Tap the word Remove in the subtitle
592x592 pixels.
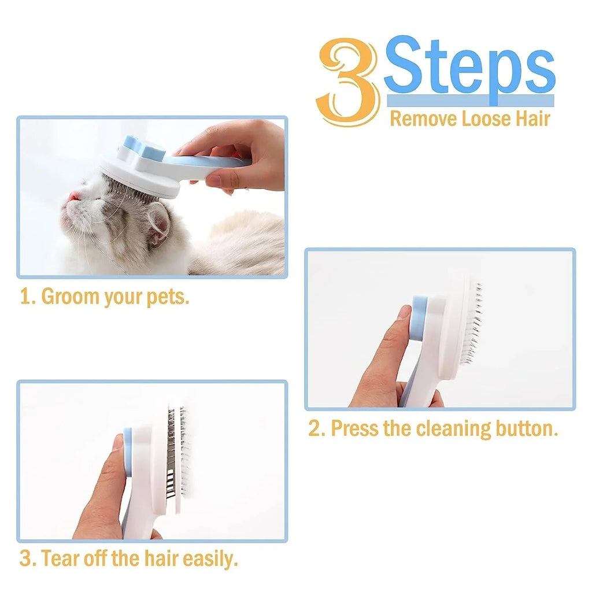[423, 119]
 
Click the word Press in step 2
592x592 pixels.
[353, 429]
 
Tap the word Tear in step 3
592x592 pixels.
[61, 559]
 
